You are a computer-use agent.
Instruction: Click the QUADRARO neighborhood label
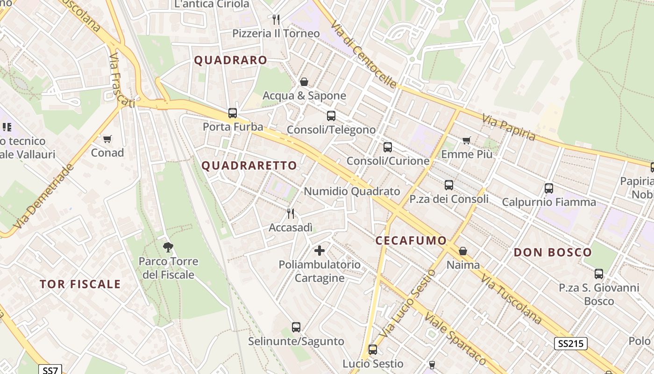[230, 60]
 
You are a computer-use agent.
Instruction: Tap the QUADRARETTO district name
[249, 165]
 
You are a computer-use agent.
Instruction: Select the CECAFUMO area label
[411, 240]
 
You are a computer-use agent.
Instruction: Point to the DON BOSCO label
[553, 252]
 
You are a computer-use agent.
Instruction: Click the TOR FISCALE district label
[80, 284]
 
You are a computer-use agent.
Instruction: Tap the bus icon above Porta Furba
[233, 113]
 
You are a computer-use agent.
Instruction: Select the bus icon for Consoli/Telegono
[331, 116]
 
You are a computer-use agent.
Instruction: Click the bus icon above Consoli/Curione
[388, 147]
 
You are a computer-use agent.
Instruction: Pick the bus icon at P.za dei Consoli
[449, 185]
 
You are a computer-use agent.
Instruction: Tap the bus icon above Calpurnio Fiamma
[549, 188]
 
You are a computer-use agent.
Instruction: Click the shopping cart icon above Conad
[107, 139]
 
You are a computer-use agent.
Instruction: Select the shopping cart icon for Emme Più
[466, 140]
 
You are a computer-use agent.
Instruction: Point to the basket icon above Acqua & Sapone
[304, 82]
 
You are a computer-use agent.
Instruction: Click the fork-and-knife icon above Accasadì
[291, 214]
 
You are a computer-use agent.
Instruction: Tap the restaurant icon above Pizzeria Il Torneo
[276, 20]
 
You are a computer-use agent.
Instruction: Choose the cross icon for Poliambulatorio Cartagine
[320, 251]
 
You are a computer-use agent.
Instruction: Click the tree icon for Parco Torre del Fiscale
[168, 247]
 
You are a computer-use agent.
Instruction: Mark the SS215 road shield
[570, 344]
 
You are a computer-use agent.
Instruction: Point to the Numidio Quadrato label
[352, 191]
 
